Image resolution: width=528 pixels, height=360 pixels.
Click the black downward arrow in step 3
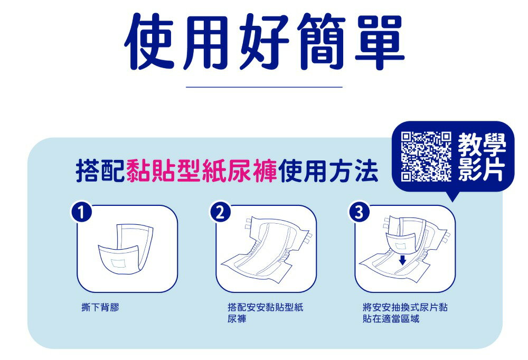402,259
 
